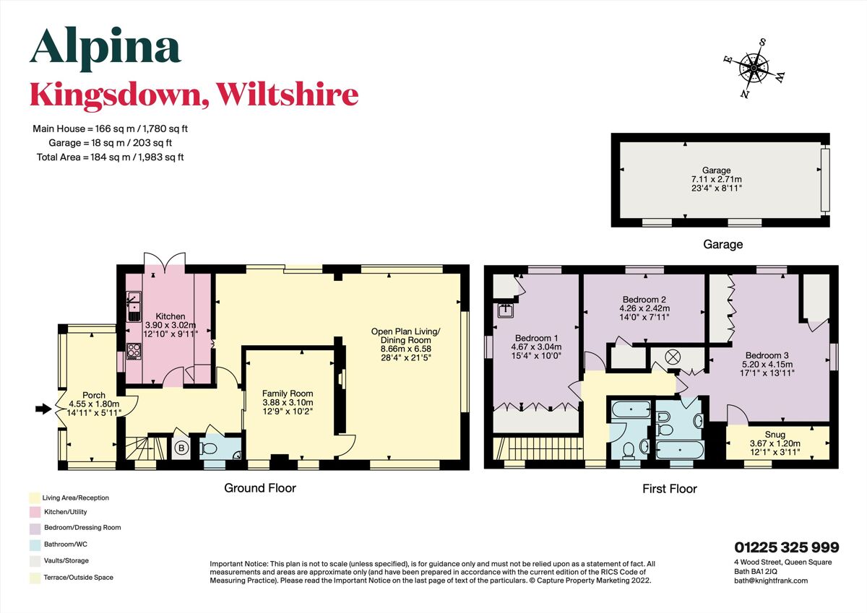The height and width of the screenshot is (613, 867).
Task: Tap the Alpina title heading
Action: tap(105, 48)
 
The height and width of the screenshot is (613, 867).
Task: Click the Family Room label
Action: tap(288, 394)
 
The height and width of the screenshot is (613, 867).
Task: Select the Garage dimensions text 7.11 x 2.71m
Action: tap(717, 179)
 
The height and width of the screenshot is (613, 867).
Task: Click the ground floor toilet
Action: tap(210, 449)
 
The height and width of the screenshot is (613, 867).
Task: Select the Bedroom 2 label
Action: tap(643, 300)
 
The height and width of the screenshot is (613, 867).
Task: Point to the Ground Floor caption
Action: tap(260, 488)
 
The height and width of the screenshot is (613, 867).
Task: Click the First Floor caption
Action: tap(669, 489)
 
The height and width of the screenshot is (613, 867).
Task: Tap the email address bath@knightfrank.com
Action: tap(766, 580)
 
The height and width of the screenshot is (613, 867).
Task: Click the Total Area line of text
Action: tap(110, 157)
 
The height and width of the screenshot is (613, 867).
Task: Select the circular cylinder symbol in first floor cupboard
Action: tap(668, 356)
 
